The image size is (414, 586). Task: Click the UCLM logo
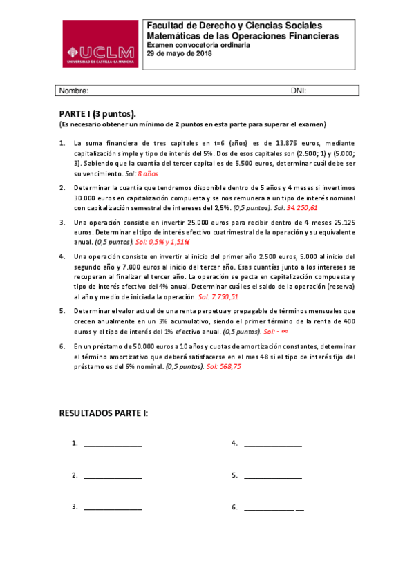pos(100,44)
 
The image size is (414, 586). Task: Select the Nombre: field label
pos(73,91)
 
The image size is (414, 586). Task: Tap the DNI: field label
pos(299,91)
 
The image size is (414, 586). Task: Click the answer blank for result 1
pos(113,445)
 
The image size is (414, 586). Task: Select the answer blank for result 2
pos(113,477)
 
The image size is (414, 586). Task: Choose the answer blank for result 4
pos(273,445)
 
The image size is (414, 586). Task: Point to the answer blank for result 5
pos(273,477)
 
